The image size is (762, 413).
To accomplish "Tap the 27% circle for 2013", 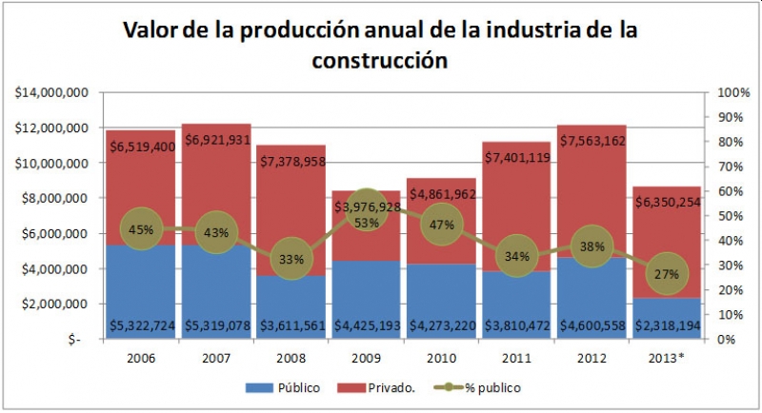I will pyautogui.click(x=665, y=274).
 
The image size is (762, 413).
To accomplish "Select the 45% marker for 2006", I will pyautogui.click(x=140, y=229).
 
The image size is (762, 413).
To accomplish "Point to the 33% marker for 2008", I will pyautogui.click(x=291, y=259).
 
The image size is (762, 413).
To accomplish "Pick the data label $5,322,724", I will pyautogui.click(x=141, y=326).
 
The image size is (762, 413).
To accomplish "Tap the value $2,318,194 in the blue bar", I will pyautogui.click(x=665, y=326).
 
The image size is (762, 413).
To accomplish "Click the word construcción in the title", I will pyautogui.click(x=379, y=61).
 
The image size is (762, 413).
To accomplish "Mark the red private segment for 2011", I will pyautogui.click(x=516, y=190).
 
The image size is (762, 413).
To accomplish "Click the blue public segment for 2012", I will pyautogui.click(x=592, y=295).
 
